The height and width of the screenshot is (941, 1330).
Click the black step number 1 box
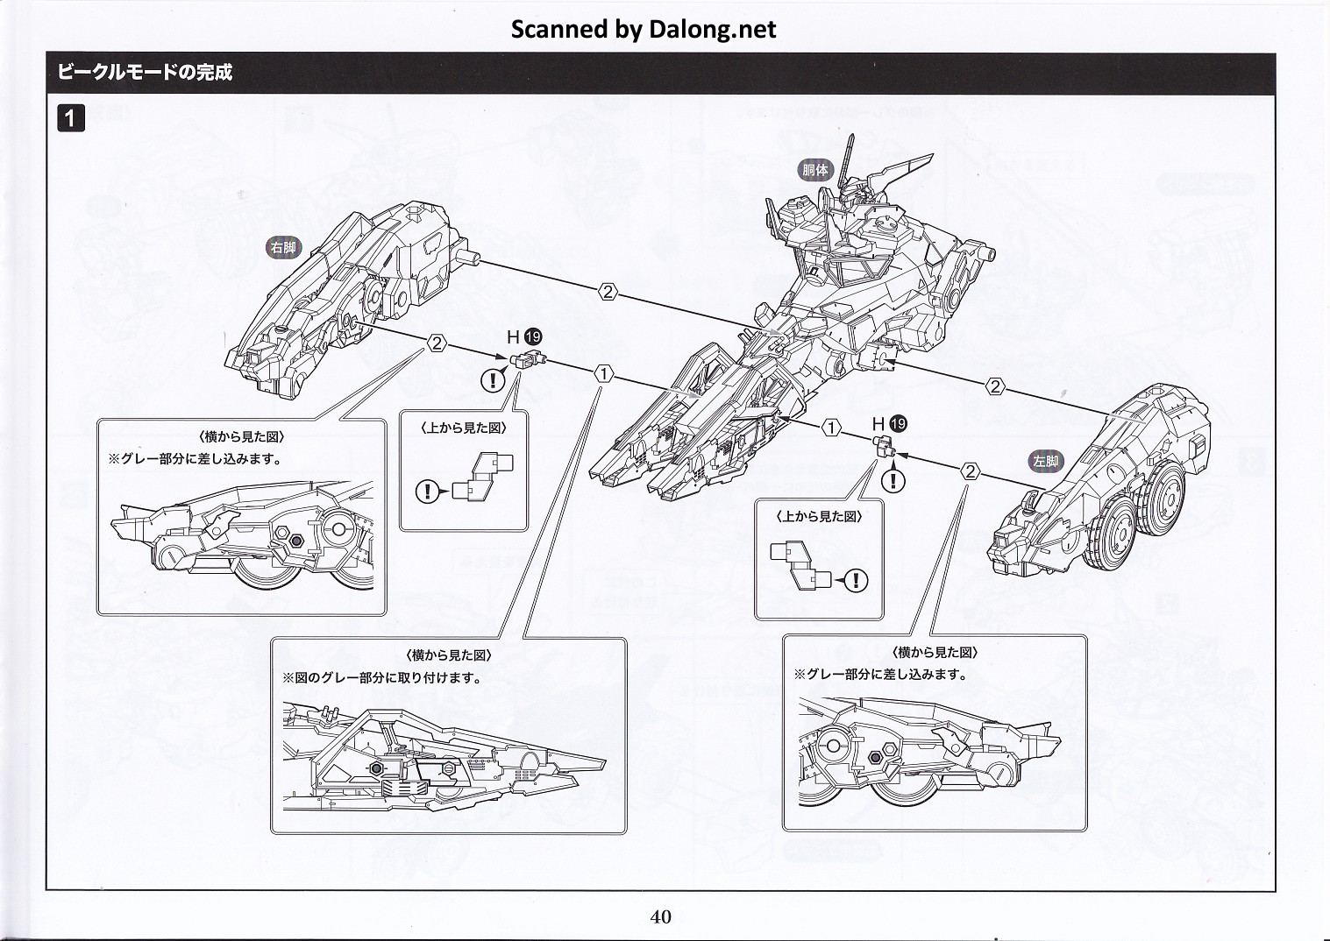[x=71, y=118]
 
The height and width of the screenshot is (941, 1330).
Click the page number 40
[x=661, y=916]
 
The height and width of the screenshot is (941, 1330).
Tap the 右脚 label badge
[x=283, y=247]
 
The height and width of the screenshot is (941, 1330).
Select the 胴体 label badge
[x=814, y=170]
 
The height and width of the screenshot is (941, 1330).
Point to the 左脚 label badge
[x=1046, y=460]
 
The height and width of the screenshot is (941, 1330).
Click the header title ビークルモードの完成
[x=145, y=73]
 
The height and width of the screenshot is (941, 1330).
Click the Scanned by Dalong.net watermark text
[x=643, y=29]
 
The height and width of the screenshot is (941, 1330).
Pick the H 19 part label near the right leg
[x=524, y=337]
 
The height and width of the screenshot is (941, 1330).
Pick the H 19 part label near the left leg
[x=889, y=424]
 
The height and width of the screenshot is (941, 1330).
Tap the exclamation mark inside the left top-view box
[x=427, y=492]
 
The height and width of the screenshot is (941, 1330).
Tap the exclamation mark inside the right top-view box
[x=857, y=580]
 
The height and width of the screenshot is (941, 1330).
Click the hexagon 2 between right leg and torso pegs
[x=608, y=292]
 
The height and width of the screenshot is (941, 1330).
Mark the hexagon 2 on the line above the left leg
[x=995, y=387]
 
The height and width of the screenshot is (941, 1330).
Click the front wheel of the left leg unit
[x=1112, y=534]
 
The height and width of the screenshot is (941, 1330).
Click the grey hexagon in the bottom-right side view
[x=874, y=757]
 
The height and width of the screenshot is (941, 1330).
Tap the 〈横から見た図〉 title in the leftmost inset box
[x=242, y=436]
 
